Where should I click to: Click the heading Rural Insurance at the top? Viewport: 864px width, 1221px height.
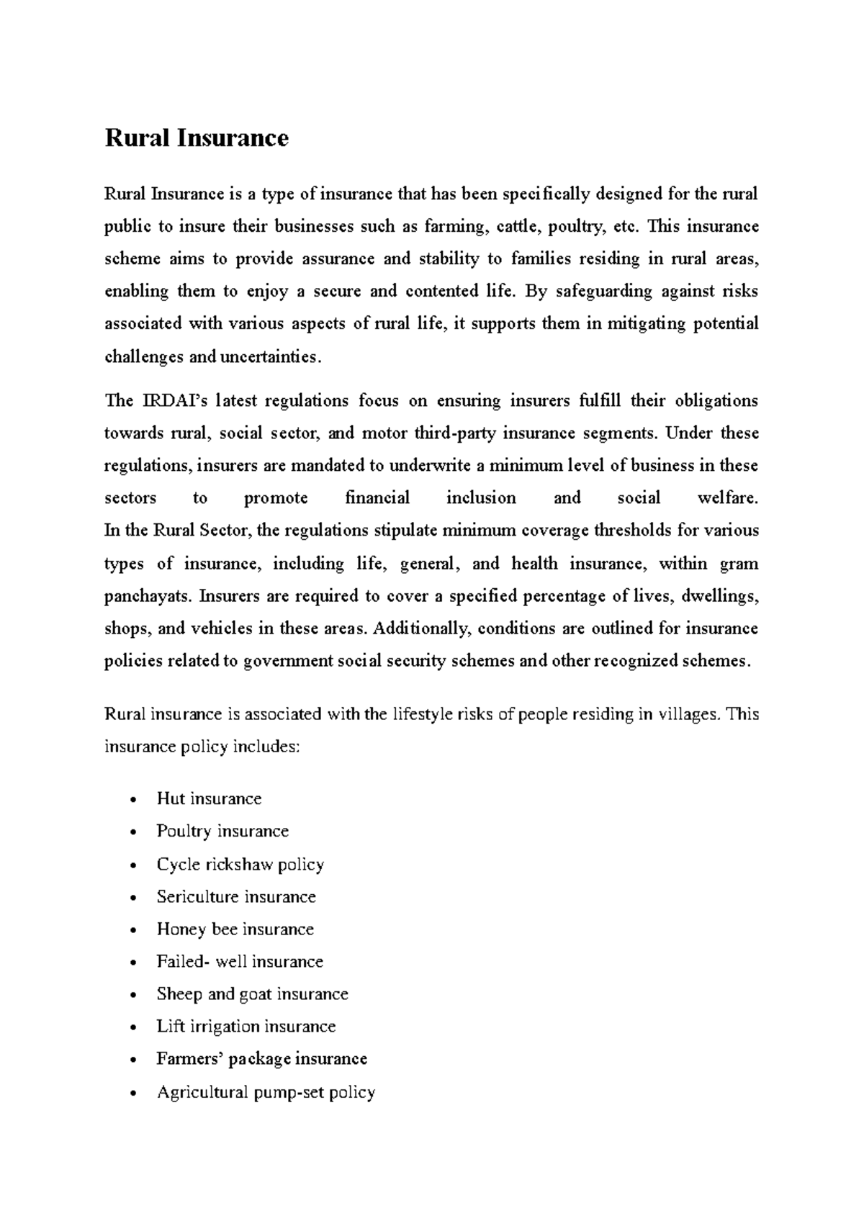point(197,138)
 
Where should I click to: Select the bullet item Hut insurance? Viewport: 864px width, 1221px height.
point(209,798)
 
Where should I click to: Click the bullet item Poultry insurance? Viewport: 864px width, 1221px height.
point(222,831)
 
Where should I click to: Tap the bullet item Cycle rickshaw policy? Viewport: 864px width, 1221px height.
point(240,864)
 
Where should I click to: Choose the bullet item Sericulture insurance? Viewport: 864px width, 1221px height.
point(236,896)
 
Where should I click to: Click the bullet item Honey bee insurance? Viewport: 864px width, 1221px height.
point(235,929)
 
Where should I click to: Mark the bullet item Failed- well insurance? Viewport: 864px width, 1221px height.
point(240,961)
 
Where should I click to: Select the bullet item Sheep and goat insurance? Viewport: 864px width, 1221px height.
point(252,994)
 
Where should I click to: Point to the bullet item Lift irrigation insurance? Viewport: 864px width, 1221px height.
point(246,1026)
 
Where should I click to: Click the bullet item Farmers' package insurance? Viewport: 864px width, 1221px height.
point(262,1058)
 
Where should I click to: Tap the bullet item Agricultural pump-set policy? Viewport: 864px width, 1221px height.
point(266,1092)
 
